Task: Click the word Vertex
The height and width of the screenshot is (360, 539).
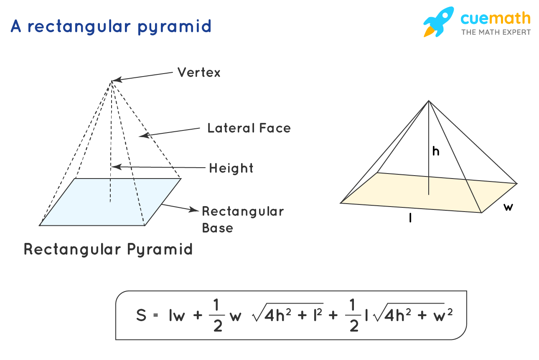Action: click(x=199, y=72)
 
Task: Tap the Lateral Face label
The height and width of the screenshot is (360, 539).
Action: click(x=249, y=128)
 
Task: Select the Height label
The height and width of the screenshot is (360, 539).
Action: click(x=231, y=168)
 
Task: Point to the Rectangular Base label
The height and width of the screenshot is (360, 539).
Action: click(x=243, y=219)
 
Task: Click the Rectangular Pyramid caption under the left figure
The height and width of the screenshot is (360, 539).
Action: click(x=108, y=249)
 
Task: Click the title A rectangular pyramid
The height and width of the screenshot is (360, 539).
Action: click(x=111, y=26)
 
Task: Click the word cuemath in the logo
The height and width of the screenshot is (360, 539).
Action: click(x=496, y=19)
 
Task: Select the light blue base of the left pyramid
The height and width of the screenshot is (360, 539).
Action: click(x=111, y=202)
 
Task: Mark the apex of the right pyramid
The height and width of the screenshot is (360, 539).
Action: click(x=428, y=100)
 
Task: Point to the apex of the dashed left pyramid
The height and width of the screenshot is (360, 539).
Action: click(x=112, y=80)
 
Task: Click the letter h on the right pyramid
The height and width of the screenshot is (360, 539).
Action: click(x=436, y=152)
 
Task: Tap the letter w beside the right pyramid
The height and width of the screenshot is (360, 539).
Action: click(x=508, y=207)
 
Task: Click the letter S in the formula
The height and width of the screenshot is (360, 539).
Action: click(x=141, y=315)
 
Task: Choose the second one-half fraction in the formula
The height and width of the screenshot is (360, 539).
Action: click(x=353, y=315)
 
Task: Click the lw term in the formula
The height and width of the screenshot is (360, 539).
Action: click(x=177, y=315)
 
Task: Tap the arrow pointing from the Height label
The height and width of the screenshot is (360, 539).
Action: click(x=159, y=167)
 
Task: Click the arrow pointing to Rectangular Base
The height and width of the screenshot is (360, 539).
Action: click(x=180, y=207)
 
